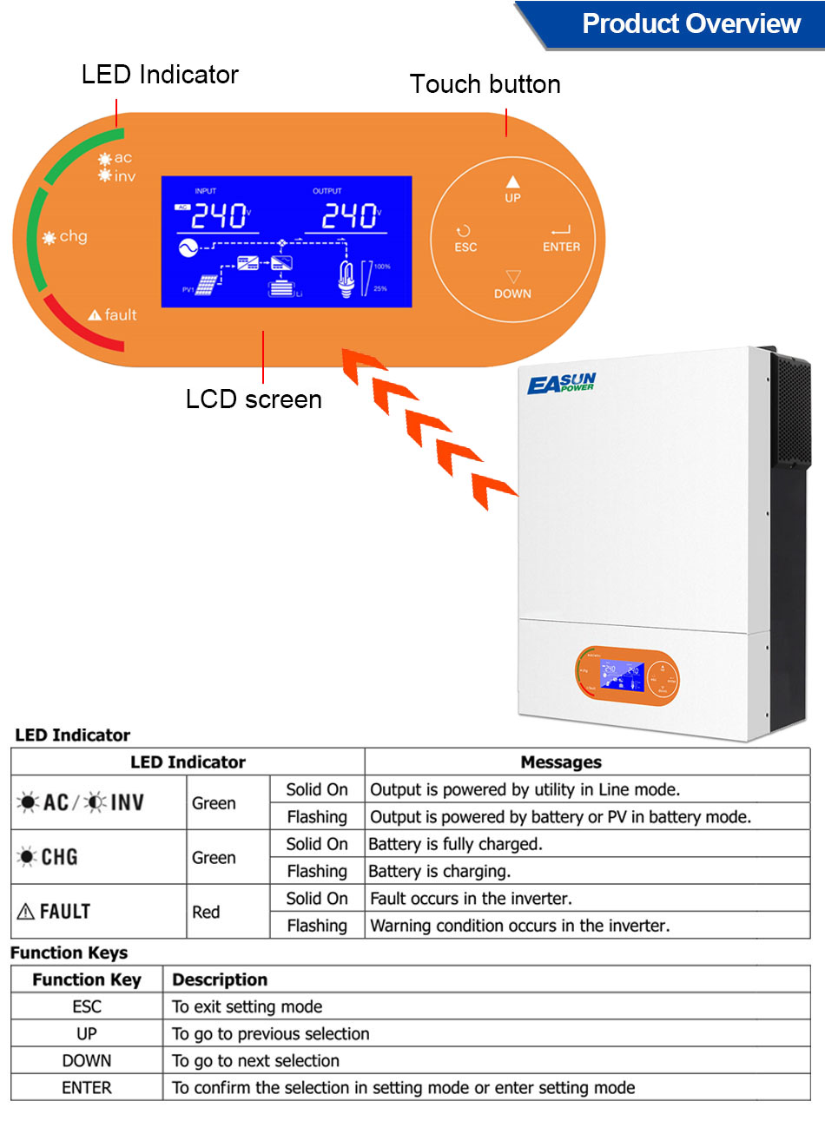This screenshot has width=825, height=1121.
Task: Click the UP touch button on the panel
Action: (512, 188)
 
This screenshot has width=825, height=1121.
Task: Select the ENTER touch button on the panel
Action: (561, 239)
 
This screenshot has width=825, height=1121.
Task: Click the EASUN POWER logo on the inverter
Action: (561, 383)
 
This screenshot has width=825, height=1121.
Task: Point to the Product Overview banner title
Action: (690, 23)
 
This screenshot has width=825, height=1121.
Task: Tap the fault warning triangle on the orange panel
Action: (95, 315)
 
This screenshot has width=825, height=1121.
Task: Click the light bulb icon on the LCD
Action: (346, 279)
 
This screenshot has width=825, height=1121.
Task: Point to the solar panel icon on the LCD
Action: (208, 285)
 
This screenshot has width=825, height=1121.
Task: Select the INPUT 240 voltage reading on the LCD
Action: (219, 215)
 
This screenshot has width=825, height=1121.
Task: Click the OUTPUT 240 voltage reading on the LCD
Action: (350, 215)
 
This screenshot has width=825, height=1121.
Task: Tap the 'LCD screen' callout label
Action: (254, 399)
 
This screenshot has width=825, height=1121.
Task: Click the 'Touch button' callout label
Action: (485, 84)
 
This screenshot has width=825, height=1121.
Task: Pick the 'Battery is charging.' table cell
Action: (440, 871)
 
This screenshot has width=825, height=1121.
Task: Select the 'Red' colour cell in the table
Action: (206, 912)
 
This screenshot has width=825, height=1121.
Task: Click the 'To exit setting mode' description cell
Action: (247, 1006)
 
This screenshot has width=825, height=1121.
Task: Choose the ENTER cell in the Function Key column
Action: (87, 1087)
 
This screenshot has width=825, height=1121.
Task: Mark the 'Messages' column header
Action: (561, 762)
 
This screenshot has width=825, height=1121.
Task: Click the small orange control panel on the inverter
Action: (626, 676)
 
